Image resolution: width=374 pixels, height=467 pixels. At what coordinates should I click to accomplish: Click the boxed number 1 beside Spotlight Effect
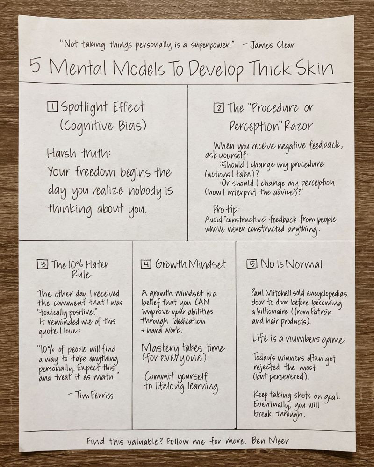pyautogui.click(x=52, y=106)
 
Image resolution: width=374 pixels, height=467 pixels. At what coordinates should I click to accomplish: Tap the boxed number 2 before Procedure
pyautogui.click(x=219, y=107)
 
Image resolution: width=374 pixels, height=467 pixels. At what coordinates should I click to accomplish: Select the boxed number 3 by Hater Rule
pyautogui.click(x=43, y=264)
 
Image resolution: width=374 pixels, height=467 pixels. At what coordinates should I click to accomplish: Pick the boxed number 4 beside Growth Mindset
pyautogui.click(x=146, y=264)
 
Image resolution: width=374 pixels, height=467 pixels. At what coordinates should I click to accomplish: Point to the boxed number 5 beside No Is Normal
pyautogui.click(x=252, y=263)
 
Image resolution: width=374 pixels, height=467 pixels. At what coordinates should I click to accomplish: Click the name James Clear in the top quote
pyautogui.click(x=272, y=45)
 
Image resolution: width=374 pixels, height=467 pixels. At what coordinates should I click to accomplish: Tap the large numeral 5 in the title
pyautogui.click(x=35, y=65)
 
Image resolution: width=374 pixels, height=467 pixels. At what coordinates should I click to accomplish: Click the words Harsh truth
pyautogui.click(x=79, y=153)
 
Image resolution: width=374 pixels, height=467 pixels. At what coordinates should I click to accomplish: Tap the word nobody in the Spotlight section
pyautogui.click(x=144, y=191)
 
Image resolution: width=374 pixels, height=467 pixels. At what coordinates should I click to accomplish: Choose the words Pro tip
pyautogui.click(x=226, y=209)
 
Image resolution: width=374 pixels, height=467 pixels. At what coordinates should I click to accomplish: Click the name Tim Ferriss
pyautogui.click(x=94, y=395)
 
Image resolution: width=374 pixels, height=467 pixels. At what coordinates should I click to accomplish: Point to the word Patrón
pyautogui.click(x=321, y=312)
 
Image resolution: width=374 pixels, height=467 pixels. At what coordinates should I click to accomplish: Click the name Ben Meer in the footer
pyautogui.click(x=270, y=440)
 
